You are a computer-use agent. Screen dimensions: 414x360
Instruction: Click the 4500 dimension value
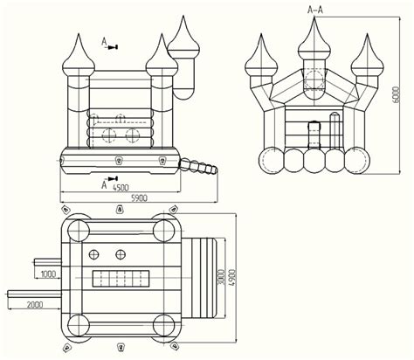tap(121, 188)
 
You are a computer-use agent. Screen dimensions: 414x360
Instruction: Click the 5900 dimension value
tap(140, 198)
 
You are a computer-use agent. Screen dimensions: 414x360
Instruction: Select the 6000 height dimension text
tap(397, 94)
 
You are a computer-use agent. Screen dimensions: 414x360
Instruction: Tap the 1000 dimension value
tap(48, 274)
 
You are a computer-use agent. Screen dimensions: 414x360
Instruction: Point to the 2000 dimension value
tap(35, 305)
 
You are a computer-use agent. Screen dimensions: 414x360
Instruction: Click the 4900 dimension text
tap(231, 278)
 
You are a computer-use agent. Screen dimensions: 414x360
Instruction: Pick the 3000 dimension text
tap(221, 278)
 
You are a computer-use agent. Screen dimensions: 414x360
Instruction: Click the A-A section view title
tap(315, 10)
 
